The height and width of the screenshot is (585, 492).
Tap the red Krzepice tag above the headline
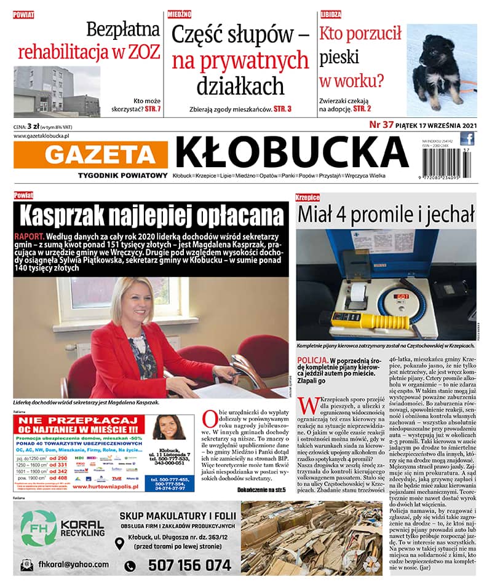[x=307, y=198]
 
